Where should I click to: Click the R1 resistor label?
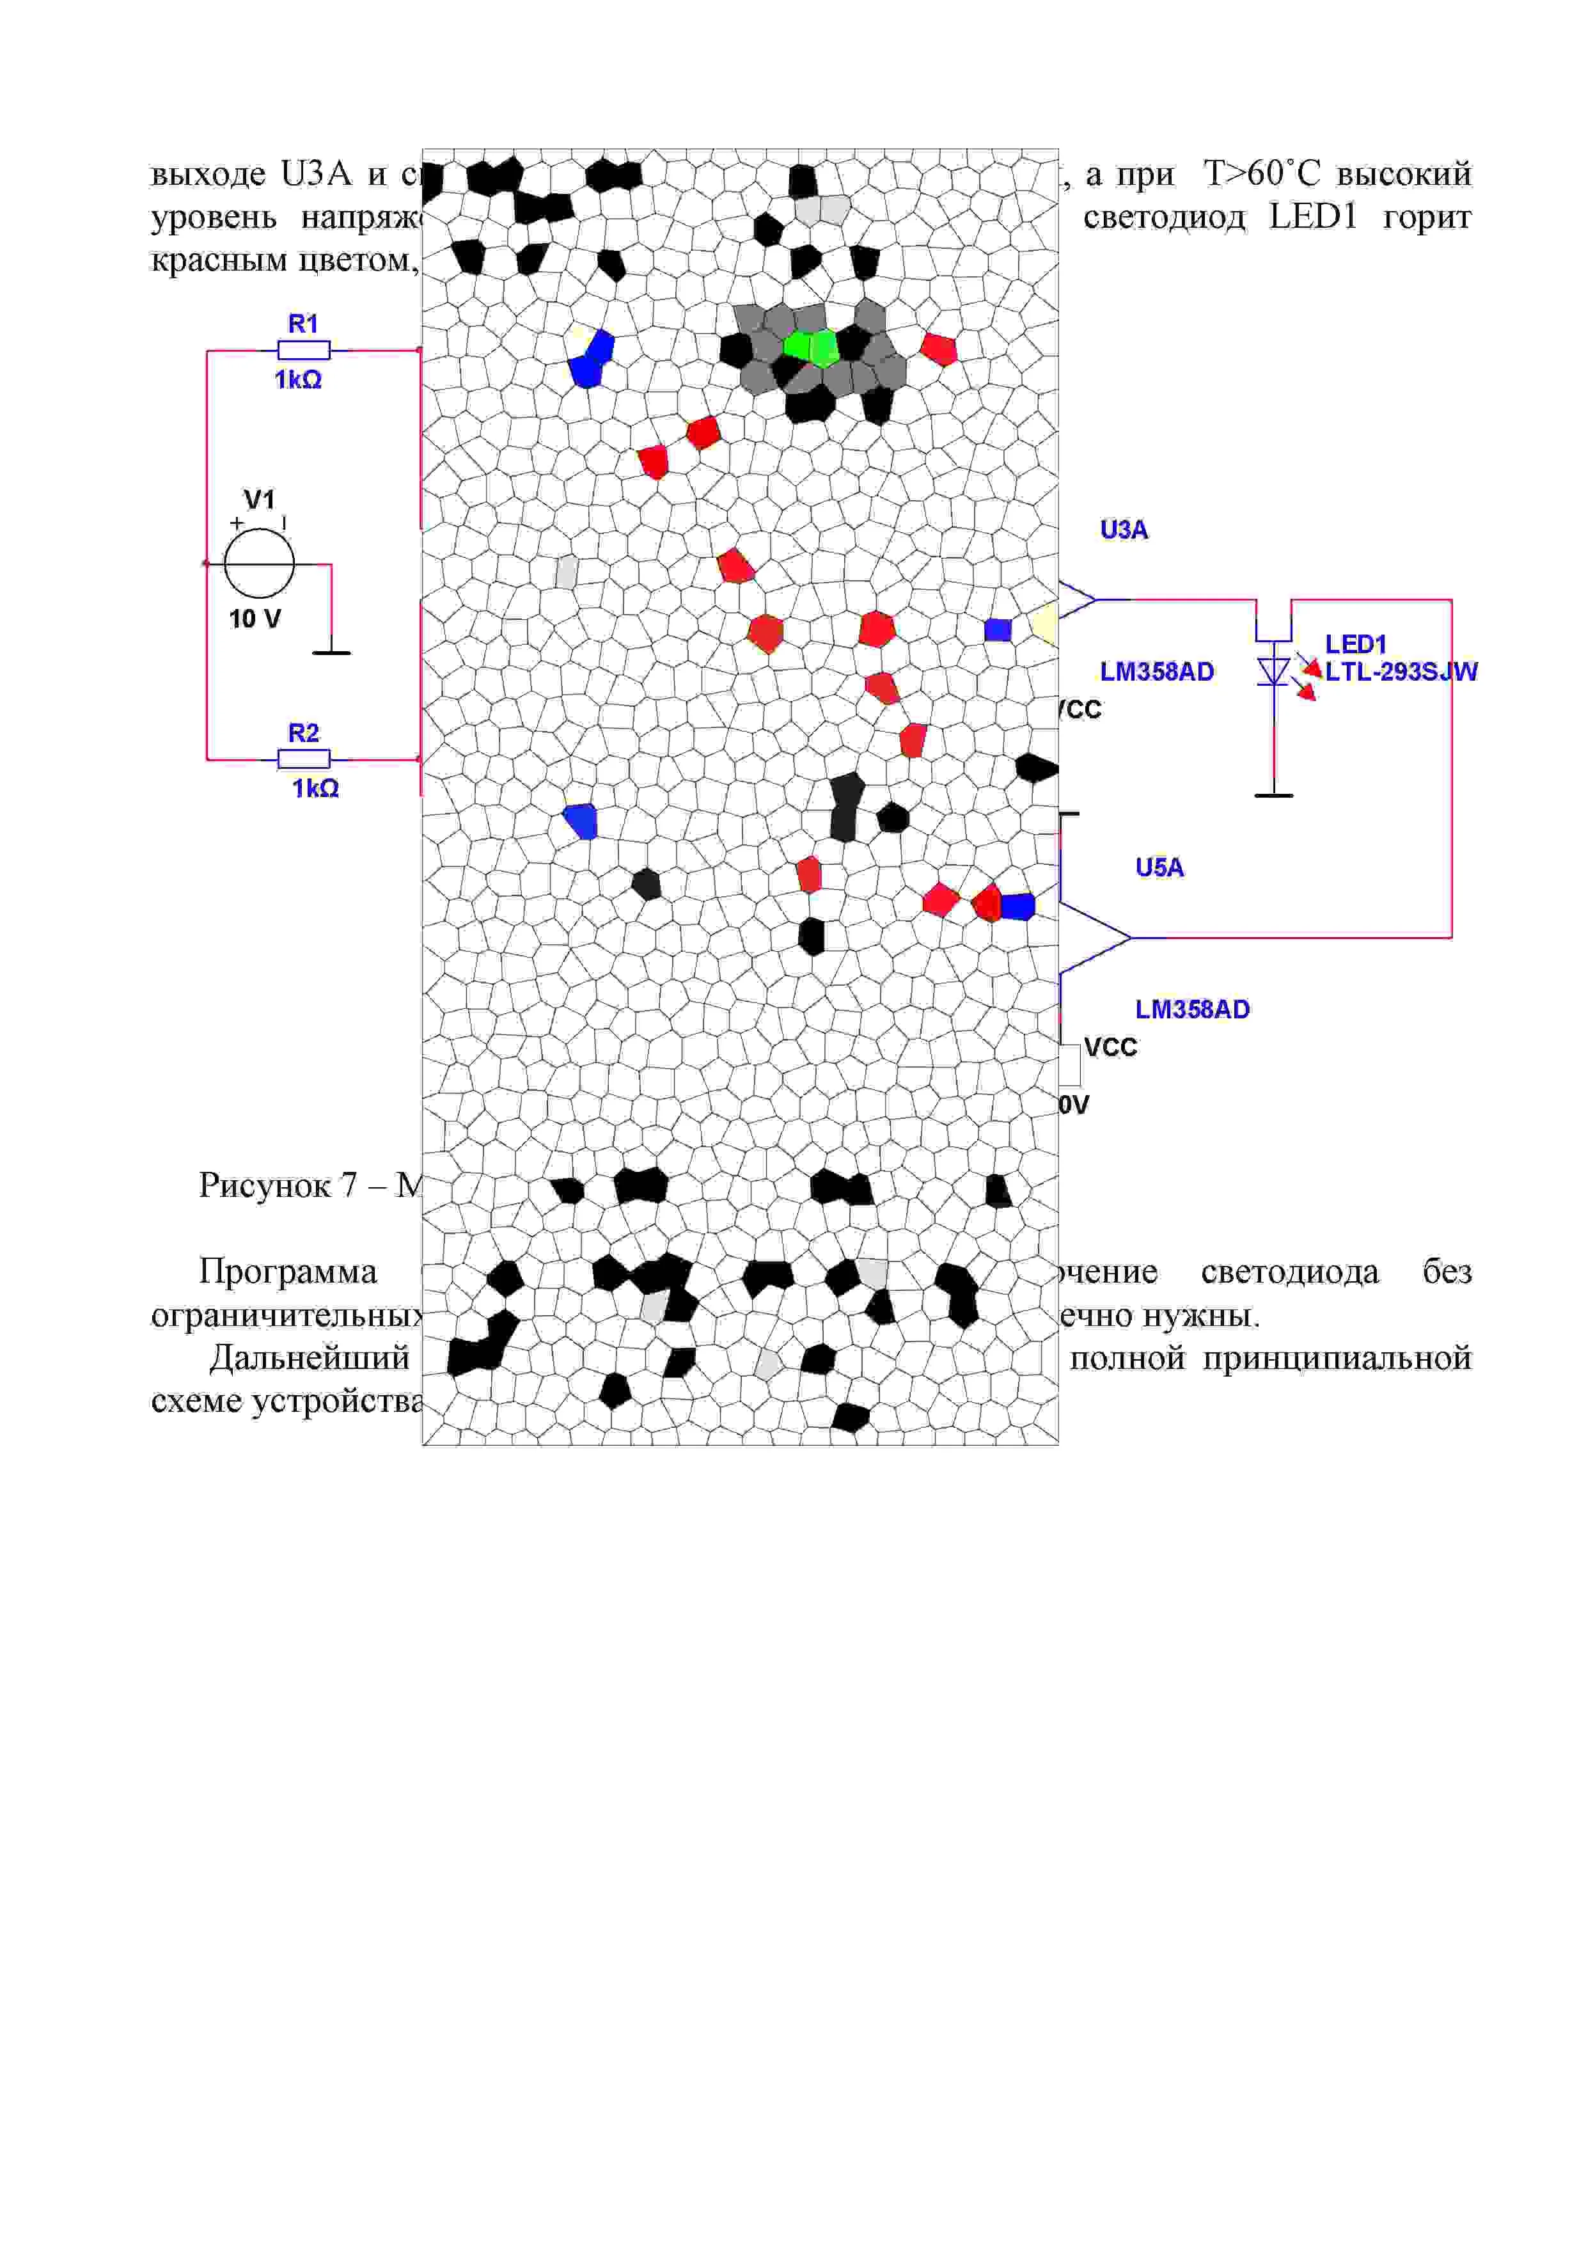pyautogui.click(x=303, y=324)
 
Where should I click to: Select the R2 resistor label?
pyautogui.click(x=303, y=733)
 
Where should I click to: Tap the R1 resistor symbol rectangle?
pyautogui.click(x=304, y=350)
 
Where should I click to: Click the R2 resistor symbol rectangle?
pyautogui.click(x=304, y=759)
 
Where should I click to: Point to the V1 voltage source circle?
pyautogui.click(x=259, y=564)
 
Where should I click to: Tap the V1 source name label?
pyautogui.click(x=259, y=500)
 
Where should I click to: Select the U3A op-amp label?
pyautogui.click(x=1124, y=530)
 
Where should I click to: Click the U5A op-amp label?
pyautogui.click(x=1159, y=867)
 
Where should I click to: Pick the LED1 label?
pyautogui.click(x=1355, y=644)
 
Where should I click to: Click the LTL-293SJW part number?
pyautogui.click(x=1401, y=672)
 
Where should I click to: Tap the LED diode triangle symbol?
pyautogui.click(x=1273, y=670)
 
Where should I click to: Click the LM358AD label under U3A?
pyautogui.click(x=1157, y=672)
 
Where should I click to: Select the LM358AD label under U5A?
pyautogui.click(x=1192, y=1009)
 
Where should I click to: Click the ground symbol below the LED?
pyautogui.click(x=1273, y=794)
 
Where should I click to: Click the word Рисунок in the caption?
pyautogui.click(x=264, y=1185)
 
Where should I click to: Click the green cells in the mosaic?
pyautogui.click(x=811, y=346)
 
